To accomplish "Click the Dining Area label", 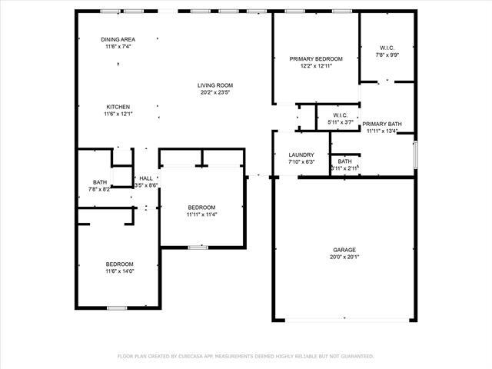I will pyautogui.click(x=118, y=39).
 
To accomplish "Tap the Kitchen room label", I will pyautogui.click(x=118, y=107).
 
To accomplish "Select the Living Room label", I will pyautogui.click(x=215, y=85).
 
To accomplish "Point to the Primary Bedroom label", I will pyautogui.click(x=316, y=58).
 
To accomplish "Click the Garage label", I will pyautogui.click(x=344, y=250).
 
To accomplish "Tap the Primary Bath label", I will pyautogui.click(x=382, y=124).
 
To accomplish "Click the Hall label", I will pyautogui.click(x=146, y=178).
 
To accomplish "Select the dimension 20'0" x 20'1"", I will pyautogui.click(x=344, y=257).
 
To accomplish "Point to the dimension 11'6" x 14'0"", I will pyautogui.click(x=119, y=271).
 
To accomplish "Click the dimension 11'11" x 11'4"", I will pyautogui.click(x=201, y=214).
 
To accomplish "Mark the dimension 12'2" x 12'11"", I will pyautogui.click(x=316, y=66).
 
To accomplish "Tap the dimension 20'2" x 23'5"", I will pyautogui.click(x=215, y=92).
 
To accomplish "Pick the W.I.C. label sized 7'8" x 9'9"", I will pyautogui.click(x=387, y=48).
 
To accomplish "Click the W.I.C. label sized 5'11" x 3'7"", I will pyautogui.click(x=341, y=115).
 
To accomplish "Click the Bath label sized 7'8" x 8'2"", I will pyautogui.click(x=101, y=182).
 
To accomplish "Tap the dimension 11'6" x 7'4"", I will pyautogui.click(x=118, y=46).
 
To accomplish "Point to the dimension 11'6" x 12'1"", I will pyautogui.click(x=118, y=114).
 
